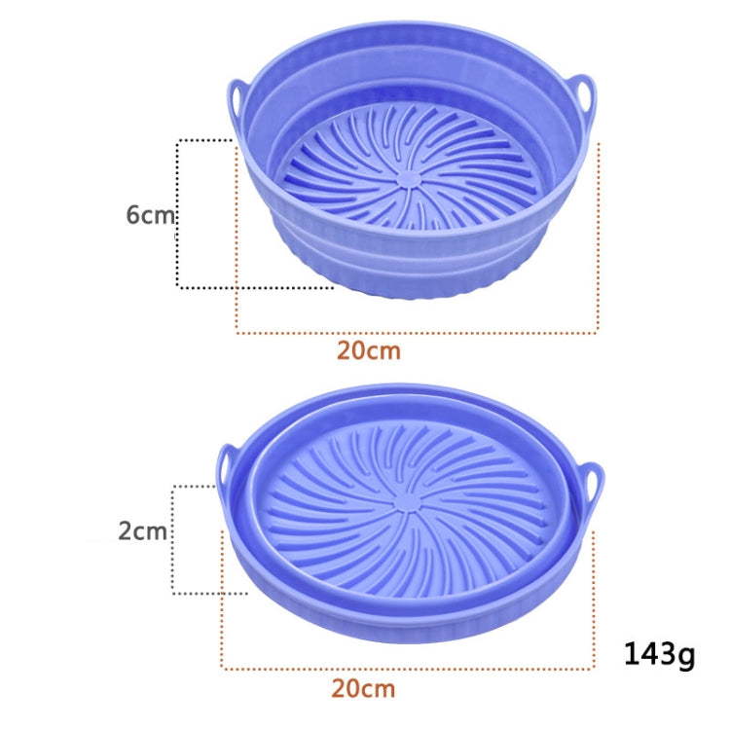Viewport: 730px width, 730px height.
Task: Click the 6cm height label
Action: [x=150, y=214]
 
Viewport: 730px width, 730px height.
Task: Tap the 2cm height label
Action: [x=142, y=531]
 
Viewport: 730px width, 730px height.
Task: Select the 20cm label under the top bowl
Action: [x=369, y=350]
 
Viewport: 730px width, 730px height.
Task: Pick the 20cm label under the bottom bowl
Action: [x=363, y=689]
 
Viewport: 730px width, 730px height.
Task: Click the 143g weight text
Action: [x=659, y=655]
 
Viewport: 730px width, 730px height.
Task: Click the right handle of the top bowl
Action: [x=582, y=97]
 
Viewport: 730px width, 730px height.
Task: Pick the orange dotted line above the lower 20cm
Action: [x=409, y=669]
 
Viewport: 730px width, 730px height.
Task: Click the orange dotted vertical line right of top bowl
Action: [x=598, y=243]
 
